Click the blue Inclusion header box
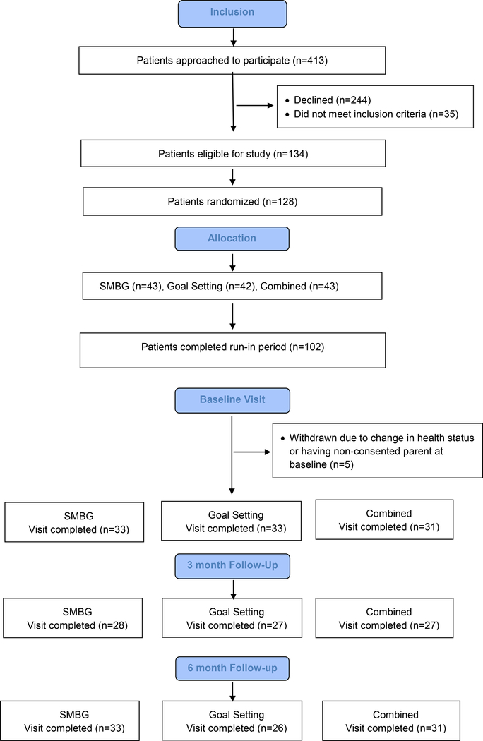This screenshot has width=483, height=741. click(x=232, y=13)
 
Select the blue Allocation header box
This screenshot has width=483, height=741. click(x=232, y=239)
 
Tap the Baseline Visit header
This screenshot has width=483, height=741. click(x=232, y=400)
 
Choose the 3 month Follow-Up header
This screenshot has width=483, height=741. click(x=232, y=566)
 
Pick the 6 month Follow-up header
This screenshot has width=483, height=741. click(x=232, y=668)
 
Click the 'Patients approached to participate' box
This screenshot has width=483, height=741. click(x=232, y=61)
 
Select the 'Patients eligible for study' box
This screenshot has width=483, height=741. click(x=233, y=153)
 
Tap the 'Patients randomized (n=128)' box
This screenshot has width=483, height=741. click(x=233, y=202)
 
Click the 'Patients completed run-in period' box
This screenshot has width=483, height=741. click(x=233, y=350)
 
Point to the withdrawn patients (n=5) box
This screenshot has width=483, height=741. click(x=378, y=450)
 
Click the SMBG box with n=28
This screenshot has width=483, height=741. click(x=73, y=618)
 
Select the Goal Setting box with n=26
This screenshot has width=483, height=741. click(x=232, y=721)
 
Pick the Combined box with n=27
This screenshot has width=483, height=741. click(x=385, y=618)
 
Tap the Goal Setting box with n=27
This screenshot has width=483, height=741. click(x=232, y=618)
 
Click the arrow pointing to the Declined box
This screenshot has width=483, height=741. click(x=255, y=105)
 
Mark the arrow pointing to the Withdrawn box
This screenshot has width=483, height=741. click(x=252, y=452)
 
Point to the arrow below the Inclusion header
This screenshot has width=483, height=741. click(x=233, y=37)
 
